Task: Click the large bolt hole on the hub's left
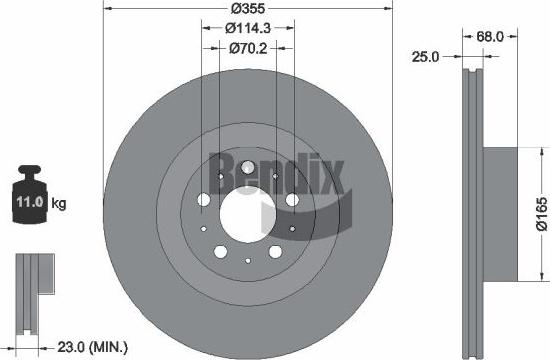(204, 201)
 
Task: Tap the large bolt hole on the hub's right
(291, 201)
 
